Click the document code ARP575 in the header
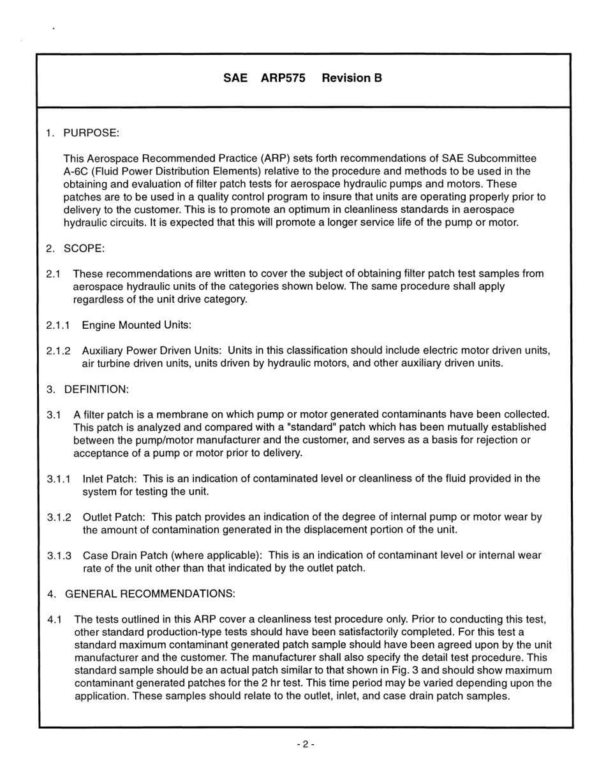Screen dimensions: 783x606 click(283, 78)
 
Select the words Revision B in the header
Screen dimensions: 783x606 click(351, 78)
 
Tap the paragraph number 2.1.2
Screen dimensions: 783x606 click(59, 351)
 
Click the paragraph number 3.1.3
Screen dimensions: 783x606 click(59, 556)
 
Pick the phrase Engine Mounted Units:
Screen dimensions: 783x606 click(137, 326)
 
